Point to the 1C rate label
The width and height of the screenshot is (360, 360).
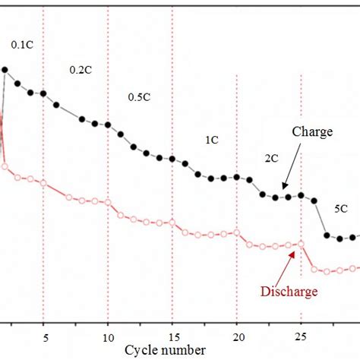[212, 141]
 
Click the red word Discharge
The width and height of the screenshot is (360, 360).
[289, 291]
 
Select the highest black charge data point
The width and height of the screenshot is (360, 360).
[5, 70]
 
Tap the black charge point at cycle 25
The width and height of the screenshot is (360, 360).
[302, 195]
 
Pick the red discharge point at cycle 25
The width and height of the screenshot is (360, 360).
[302, 243]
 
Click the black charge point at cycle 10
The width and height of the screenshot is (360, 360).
[108, 124]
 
